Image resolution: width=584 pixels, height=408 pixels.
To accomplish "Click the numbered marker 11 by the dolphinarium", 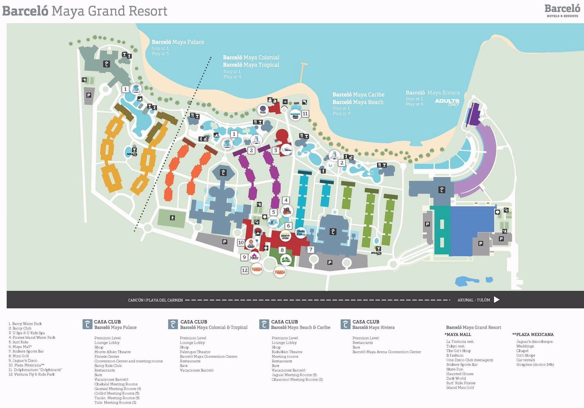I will (305, 114).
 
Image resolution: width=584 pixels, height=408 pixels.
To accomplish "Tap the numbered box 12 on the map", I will (244, 270).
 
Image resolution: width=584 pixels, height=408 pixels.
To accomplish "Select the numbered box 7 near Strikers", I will (311, 249).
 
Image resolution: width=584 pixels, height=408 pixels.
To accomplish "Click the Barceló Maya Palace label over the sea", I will (178, 42).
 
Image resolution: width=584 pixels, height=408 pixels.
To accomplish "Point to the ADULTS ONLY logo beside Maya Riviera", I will (447, 102).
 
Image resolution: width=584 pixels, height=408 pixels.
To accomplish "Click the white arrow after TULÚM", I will (497, 300).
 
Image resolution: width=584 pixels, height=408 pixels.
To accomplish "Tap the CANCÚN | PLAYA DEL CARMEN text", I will (155, 300).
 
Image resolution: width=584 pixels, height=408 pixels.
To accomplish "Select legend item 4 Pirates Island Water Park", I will (32, 337).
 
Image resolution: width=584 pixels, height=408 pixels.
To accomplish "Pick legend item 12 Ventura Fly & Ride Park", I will (32, 374).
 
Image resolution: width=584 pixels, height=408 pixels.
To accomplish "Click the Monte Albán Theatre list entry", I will (112, 352).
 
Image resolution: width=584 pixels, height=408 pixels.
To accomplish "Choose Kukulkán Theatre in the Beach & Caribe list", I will (287, 352).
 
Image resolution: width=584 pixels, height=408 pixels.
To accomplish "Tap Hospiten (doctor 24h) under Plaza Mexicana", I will (535, 365).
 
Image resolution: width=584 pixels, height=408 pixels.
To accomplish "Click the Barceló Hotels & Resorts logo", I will (562, 10).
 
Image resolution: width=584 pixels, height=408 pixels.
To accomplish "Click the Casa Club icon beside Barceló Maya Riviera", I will (345, 324).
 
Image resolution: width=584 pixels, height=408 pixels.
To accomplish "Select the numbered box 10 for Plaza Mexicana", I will (241, 242).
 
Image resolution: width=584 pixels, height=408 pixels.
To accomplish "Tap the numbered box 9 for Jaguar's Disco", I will (244, 257).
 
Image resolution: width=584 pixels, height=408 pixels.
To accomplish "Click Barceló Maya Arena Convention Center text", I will (386, 352).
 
